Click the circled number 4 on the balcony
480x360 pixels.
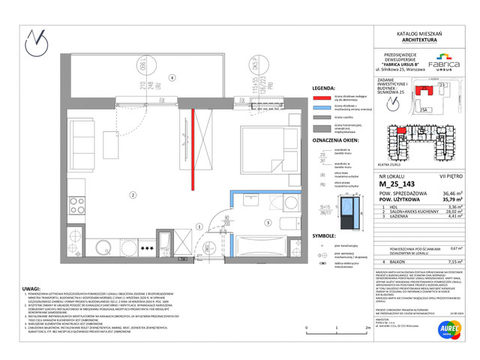171,77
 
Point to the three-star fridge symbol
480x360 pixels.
148,247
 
